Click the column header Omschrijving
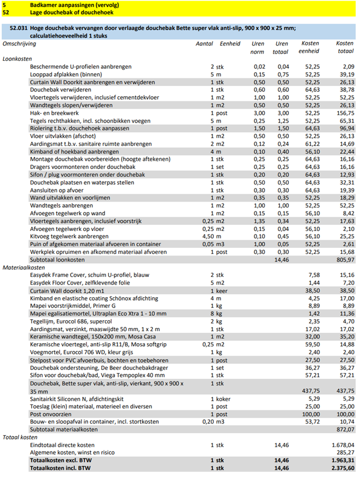[19, 43]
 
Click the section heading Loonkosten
[17, 58]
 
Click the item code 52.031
[19, 27]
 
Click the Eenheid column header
[230, 43]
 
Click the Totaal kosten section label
[20, 437]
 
